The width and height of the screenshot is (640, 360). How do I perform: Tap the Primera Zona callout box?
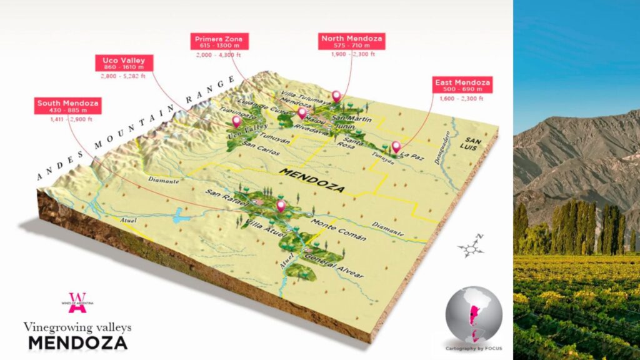pyautogui.click(x=221, y=42)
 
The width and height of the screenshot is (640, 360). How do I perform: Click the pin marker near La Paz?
pyautogui.click(x=396, y=147)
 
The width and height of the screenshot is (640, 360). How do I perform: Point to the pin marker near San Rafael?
pyautogui.click(x=281, y=206)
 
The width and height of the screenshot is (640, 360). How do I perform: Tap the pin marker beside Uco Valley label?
pyautogui.click(x=236, y=121)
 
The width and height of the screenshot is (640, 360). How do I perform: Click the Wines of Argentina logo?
pyautogui.click(x=79, y=302)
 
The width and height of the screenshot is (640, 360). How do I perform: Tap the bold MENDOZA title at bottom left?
pyautogui.click(x=77, y=342)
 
